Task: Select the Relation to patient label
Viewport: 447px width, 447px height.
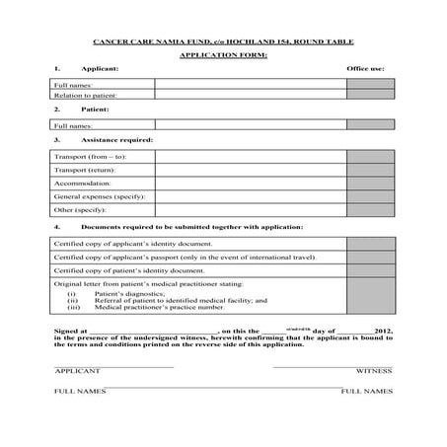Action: (85, 96)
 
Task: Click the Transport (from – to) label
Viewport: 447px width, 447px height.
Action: (90, 156)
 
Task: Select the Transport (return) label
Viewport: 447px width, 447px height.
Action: (87, 170)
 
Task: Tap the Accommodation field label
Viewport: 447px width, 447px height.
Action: (82, 183)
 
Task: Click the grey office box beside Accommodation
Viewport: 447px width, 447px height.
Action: (370, 183)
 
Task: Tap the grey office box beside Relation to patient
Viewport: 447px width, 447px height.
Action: (370, 96)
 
